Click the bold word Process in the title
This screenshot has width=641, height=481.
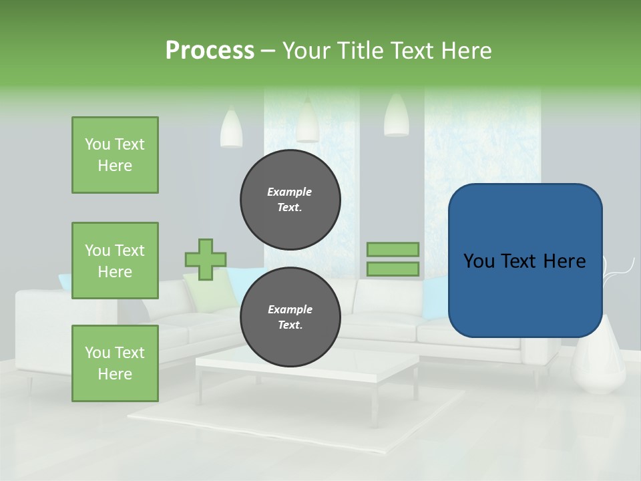pyautogui.click(x=210, y=51)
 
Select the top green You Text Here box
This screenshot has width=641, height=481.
pyautogui.click(x=115, y=155)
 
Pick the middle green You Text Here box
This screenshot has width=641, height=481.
pyautogui.click(x=115, y=261)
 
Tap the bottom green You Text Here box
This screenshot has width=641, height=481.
pyautogui.click(x=115, y=363)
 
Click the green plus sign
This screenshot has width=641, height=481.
pyautogui.click(x=206, y=259)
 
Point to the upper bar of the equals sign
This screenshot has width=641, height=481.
pyautogui.click(x=393, y=249)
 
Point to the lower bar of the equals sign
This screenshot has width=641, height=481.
pyautogui.click(x=393, y=269)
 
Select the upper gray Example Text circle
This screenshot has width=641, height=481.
pyautogui.click(x=290, y=200)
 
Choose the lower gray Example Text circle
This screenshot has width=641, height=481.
pyautogui.click(x=290, y=317)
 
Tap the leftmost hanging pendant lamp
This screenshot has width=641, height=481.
pyautogui.click(x=231, y=128)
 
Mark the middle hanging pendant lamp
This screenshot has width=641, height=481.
pyautogui.click(x=307, y=122)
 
